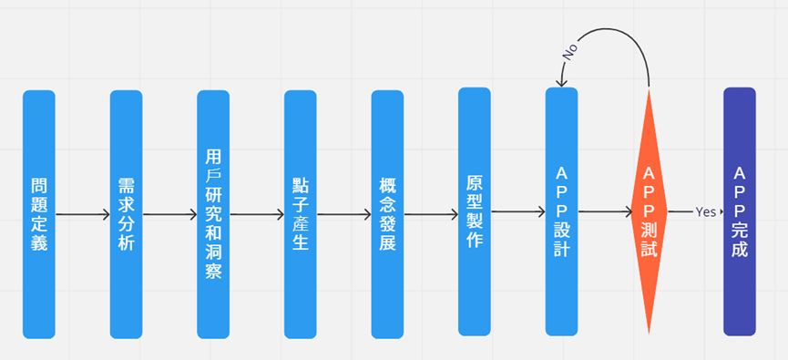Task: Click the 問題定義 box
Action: point(38,214)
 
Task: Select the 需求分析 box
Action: point(126,214)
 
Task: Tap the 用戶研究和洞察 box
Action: point(213,214)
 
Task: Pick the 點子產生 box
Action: point(300,214)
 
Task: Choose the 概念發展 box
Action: point(387,214)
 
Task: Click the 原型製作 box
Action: point(475,211)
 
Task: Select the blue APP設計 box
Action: point(561,211)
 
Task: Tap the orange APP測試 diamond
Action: point(649,211)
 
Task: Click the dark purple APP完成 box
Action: point(739,211)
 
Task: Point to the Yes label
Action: point(706,211)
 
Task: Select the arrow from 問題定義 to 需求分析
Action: point(82,215)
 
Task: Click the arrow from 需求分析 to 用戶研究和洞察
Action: point(169,215)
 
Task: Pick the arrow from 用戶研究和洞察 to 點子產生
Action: point(256,215)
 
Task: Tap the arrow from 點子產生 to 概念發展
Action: point(343,215)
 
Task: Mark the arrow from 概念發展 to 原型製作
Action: point(431,215)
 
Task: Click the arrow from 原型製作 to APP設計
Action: point(517,212)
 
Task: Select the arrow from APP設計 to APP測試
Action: point(605,212)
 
